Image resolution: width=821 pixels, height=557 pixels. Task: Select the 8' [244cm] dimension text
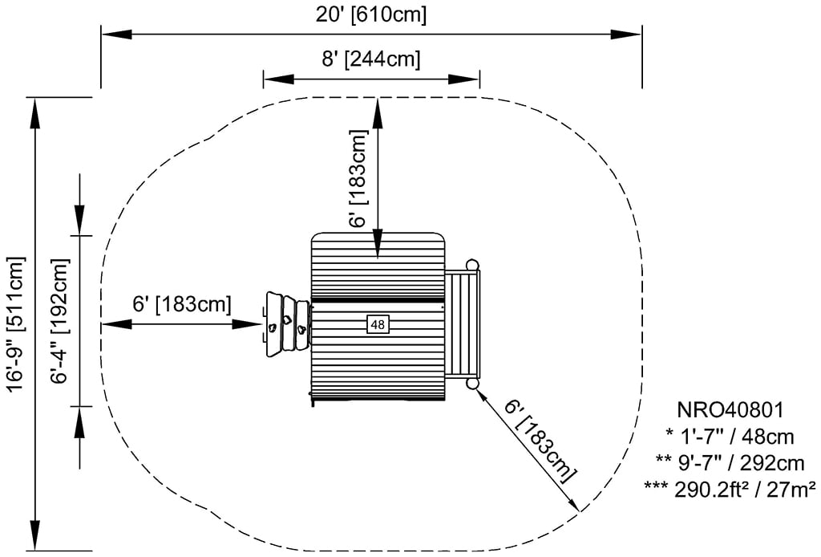(370, 59)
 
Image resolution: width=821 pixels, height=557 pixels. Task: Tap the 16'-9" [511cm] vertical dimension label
(15, 324)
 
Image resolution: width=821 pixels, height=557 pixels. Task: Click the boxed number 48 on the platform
(377, 324)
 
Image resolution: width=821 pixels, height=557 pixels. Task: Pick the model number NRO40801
(730, 411)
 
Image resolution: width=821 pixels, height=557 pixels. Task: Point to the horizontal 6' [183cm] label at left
(182, 304)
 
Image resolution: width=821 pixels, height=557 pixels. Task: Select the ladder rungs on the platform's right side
(463, 324)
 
